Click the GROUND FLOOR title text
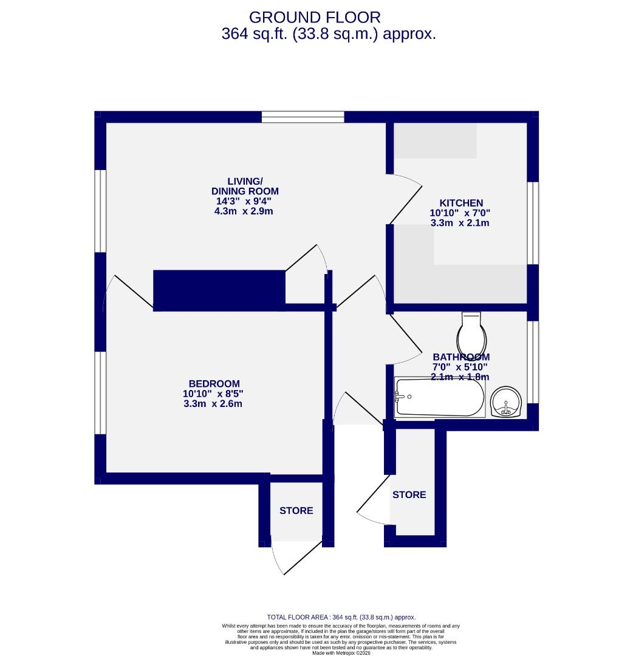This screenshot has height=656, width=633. pos(315,18)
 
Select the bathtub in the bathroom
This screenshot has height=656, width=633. pos(440,397)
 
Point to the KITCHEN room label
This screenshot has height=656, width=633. pos(461,203)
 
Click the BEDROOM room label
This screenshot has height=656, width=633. pos(214,384)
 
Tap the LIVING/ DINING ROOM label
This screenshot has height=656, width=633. pos(245,186)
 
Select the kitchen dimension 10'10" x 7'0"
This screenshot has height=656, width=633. pos(460,213)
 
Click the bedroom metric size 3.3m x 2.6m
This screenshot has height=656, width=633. pos(213,404)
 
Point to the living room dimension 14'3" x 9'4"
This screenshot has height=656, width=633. pos(245,201)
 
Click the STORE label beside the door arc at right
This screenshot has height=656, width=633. pos(409,495)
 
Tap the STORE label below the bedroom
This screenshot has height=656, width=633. pos(296,511)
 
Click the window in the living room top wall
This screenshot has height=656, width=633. pos(303,117)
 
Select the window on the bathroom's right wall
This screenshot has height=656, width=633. pos(532,362)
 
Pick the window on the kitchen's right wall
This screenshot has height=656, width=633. pos(532,223)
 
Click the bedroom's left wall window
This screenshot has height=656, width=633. pos(101,392)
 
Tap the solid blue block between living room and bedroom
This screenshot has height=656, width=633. pos(219,290)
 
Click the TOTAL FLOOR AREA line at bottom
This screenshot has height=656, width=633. pos(341,617)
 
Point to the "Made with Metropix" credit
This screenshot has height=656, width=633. pos(341,653)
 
